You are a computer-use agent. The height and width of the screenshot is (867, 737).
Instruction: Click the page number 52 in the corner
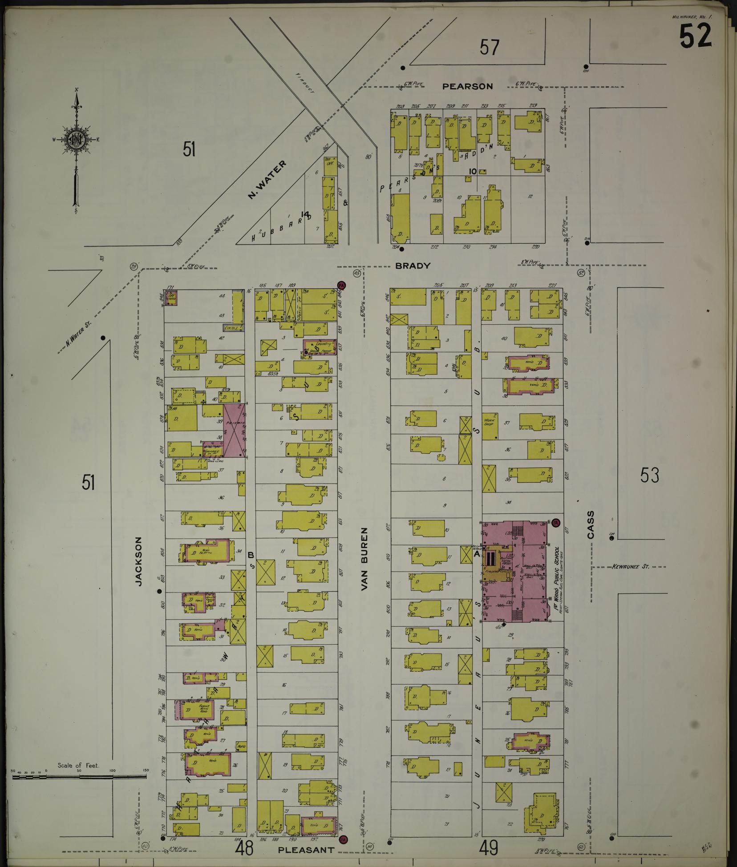point(695,36)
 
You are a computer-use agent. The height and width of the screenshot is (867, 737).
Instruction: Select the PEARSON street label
point(467,87)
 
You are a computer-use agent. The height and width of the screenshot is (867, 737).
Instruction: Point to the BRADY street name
point(413,266)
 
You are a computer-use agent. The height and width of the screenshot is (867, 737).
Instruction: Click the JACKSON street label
point(139,561)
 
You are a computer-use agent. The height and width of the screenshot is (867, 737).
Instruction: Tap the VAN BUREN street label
point(365,559)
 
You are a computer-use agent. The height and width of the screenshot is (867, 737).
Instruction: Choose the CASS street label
point(591,525)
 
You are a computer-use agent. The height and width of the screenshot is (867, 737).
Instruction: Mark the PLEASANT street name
point(306,850)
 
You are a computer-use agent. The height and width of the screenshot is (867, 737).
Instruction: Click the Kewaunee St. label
point(631,567)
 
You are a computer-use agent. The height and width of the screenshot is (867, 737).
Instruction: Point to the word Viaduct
point(305,83)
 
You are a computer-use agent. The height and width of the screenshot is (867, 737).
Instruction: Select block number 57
point(489,47)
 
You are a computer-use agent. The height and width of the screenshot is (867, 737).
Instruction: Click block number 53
point(649,476)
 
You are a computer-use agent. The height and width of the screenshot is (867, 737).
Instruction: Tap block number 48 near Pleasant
point(244,848)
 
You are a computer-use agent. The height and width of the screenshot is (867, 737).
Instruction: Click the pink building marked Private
point(235,430)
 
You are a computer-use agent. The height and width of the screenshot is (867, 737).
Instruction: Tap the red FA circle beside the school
point(555,524)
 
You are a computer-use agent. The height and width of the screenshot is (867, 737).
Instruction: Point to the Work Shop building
point(490,425)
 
